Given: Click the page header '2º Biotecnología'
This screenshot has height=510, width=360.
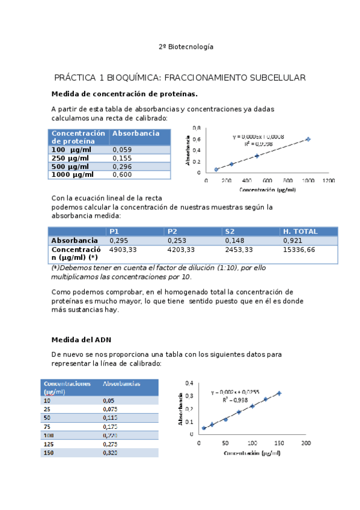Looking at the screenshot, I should pos(186,46).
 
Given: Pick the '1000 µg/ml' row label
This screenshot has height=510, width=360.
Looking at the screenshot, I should pos(73,174).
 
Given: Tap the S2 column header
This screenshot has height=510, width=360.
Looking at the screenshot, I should pos(230,232).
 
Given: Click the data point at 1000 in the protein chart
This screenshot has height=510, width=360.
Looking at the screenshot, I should pos(308,139).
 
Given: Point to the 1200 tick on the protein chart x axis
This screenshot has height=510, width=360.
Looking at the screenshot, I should pos(328,180).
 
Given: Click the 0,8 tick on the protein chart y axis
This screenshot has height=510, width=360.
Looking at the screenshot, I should pos(197,128).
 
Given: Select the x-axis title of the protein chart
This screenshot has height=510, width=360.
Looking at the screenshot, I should pos(267,189).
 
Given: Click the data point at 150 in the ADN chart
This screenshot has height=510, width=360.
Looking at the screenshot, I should pos(279,393).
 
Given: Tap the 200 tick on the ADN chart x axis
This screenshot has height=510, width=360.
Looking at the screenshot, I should pos(305,443).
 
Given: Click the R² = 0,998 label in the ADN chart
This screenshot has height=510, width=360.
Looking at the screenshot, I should pos(234,399).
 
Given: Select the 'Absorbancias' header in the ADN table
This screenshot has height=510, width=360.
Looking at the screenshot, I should pos(121,383).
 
